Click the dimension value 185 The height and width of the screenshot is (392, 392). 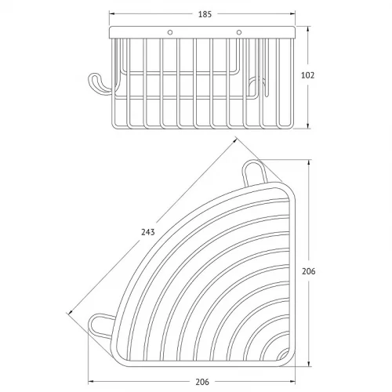pos(205,14)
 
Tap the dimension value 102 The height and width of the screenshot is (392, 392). pos(307,75)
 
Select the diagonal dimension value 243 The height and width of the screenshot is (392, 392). pos(148,232)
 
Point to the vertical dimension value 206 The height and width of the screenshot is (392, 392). pos(309,271)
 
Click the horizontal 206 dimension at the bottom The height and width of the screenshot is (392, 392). pos(202,382)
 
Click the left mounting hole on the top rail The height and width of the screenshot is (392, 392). pos(170,32)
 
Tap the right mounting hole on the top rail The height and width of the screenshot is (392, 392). pos(238,32)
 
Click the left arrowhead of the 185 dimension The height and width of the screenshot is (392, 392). pos(112,14)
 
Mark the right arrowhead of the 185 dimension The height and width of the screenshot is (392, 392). pos(292,14)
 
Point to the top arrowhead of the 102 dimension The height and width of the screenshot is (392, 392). pos(308,30)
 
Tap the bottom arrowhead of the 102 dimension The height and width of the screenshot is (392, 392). pos(308,125)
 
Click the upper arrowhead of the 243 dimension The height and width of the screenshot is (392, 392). pos(234,141)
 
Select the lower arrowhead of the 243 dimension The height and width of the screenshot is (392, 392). pos(71,311)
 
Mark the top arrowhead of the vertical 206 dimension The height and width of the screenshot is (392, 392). pos(309,162)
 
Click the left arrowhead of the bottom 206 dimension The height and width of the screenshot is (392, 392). pos(91,382)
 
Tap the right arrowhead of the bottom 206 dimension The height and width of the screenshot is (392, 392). pos(292,382)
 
